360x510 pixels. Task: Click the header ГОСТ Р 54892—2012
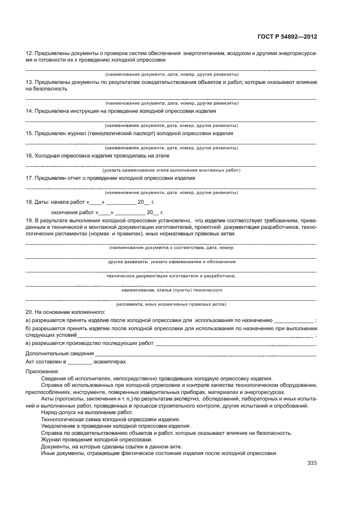point(286,37)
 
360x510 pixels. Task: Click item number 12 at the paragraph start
point(29,53)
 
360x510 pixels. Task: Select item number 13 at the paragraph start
point(29,82)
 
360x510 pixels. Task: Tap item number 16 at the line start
point(29,155)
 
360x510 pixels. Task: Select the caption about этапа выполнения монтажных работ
point(171,170)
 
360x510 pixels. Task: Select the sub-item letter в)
point(28,343)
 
